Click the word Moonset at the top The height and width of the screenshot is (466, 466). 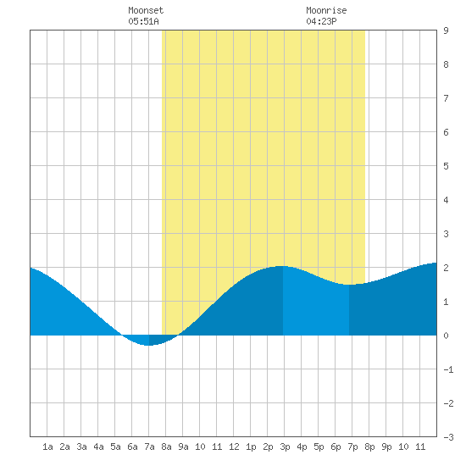coord(146,10)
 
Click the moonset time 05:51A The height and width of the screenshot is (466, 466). coord(143,21)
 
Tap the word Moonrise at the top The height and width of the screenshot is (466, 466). coord(326,10)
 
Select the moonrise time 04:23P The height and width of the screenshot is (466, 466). coord(321,21)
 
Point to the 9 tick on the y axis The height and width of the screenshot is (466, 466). coord(446,31)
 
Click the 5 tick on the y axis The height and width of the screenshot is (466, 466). coord(446,166)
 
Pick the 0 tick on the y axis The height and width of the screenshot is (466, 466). coord(446,336)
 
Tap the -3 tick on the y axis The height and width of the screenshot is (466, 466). coord(448,437)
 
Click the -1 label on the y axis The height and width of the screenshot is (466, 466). coord(448,369)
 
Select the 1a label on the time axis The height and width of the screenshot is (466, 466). coord(47,447)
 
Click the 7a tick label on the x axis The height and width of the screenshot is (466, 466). coord(149,447)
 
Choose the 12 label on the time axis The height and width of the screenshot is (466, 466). coord(234,447)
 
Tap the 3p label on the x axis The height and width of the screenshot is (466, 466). coord(285,447)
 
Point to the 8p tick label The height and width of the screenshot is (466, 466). coord(369,447)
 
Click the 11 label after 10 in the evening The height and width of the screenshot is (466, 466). coord(420,447)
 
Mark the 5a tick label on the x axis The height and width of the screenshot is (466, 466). coord(115,447)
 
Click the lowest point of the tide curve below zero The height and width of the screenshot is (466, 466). coord(148,346)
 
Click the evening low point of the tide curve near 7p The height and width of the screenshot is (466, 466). coord(350,285)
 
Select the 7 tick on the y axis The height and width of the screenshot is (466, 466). coord(446,98)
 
